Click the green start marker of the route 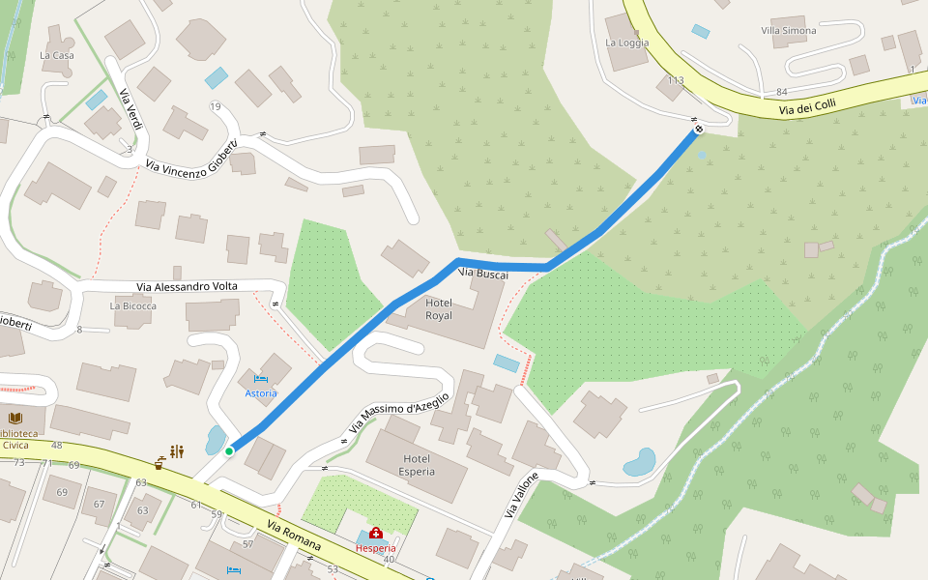tap(229, 450)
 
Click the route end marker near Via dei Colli tap(698, 129)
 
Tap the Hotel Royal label tap(439, 308)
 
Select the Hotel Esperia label tap(416, 465)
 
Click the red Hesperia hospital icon tap(375, 533)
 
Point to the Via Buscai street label tap(483, 274)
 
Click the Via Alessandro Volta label tap(187, 286)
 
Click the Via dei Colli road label tap(807, 109)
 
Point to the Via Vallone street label tap(518, 495)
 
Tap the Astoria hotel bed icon tap(260, 378)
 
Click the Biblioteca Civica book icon tap(14, 419)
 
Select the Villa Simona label tap(789, 31)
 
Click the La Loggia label tap(626, 43)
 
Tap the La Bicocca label tap(132, 306)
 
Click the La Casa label tap(56, 55)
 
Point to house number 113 tap(676, 80)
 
